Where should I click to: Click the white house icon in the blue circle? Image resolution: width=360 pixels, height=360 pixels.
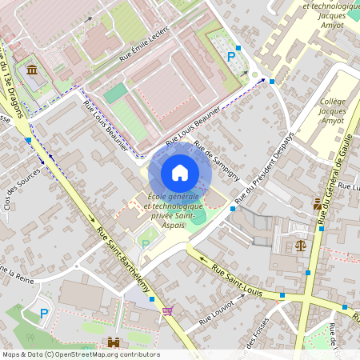[180, 172]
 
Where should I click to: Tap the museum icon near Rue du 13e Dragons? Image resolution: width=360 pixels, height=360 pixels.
[31, 72]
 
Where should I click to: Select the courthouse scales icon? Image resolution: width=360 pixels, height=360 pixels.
[301, 246]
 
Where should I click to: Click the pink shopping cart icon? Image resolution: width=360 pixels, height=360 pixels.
[167, 311]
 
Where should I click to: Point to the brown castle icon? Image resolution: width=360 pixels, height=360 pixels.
[114, 342]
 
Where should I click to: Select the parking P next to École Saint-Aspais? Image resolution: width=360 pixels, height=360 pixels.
[145, 242]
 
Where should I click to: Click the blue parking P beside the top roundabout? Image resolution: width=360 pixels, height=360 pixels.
[232, 56]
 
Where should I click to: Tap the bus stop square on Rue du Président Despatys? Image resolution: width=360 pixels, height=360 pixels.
[233, 209]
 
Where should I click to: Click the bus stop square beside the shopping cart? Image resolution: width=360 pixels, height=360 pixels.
[176, 305]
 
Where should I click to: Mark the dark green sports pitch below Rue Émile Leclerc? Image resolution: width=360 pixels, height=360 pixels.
[116, 94]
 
